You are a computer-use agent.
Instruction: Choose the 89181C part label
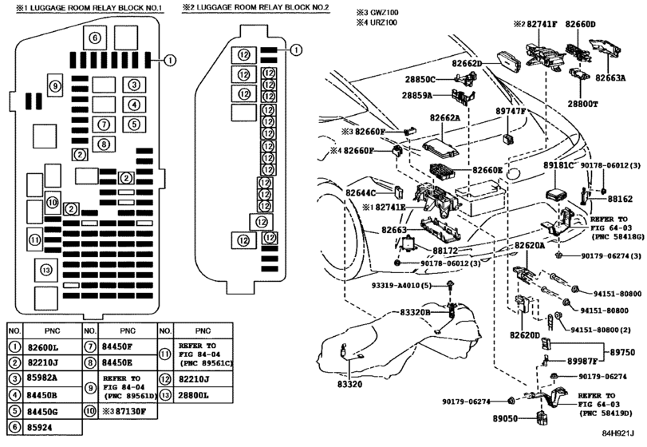click(x=559, y=165)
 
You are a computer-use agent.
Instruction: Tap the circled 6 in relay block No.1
click(x=94, y=38)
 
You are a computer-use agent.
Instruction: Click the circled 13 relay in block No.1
click(x=46, y=269)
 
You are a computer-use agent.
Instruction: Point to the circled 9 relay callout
click(x=54, y=86)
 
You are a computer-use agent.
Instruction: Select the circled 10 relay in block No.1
click(x=53, y=202)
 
